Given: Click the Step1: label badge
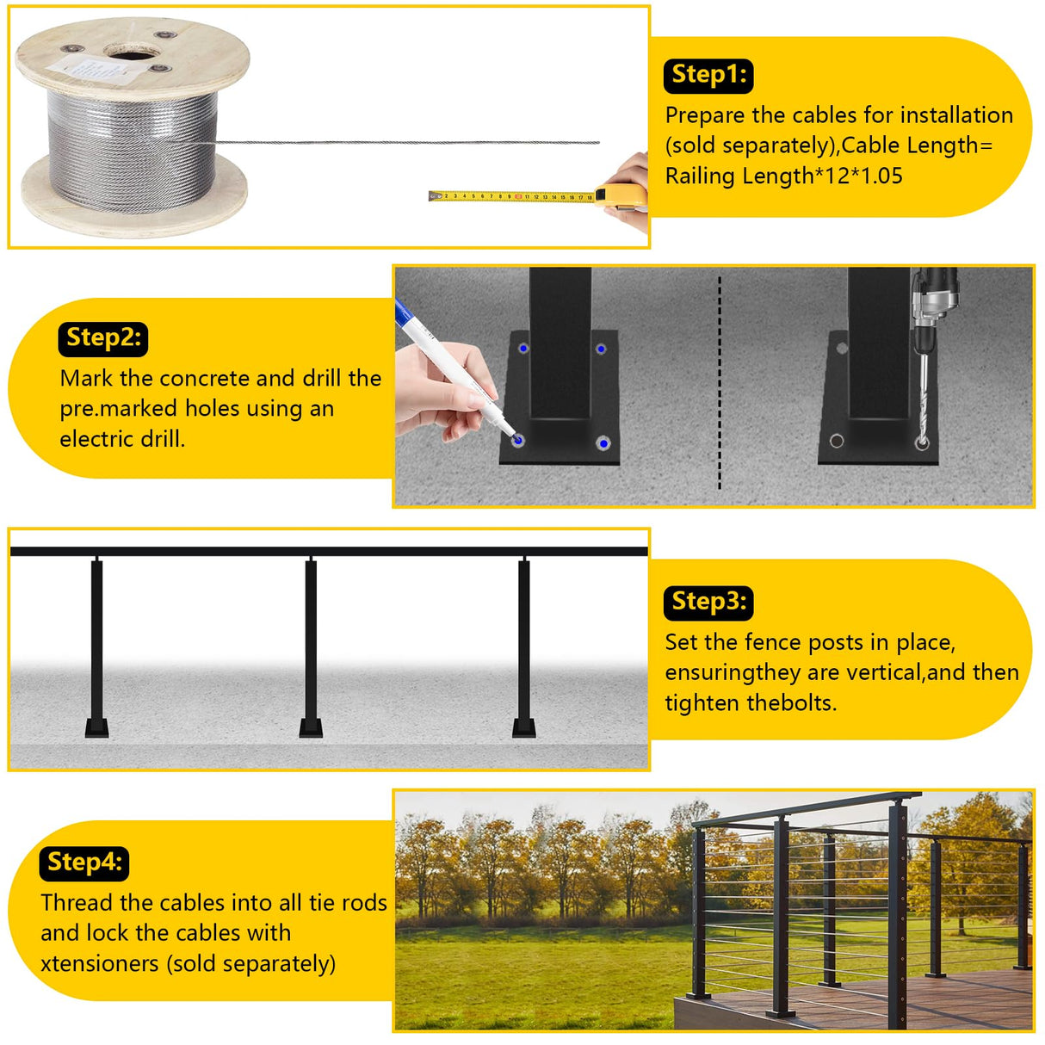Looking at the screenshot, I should coord(708,76).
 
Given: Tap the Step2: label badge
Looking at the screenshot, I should coord(103,338).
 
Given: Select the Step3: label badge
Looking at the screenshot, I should coord(708,602).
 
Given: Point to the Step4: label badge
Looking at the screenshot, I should coord(83,863).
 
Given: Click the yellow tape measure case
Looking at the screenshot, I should coord(621,196).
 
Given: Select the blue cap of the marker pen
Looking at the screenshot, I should coord(402,312).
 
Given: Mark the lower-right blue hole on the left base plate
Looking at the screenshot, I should coord(603,443).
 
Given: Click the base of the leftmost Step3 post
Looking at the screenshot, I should coord(97,727).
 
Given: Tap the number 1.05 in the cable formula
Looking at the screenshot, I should coord(876,176).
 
